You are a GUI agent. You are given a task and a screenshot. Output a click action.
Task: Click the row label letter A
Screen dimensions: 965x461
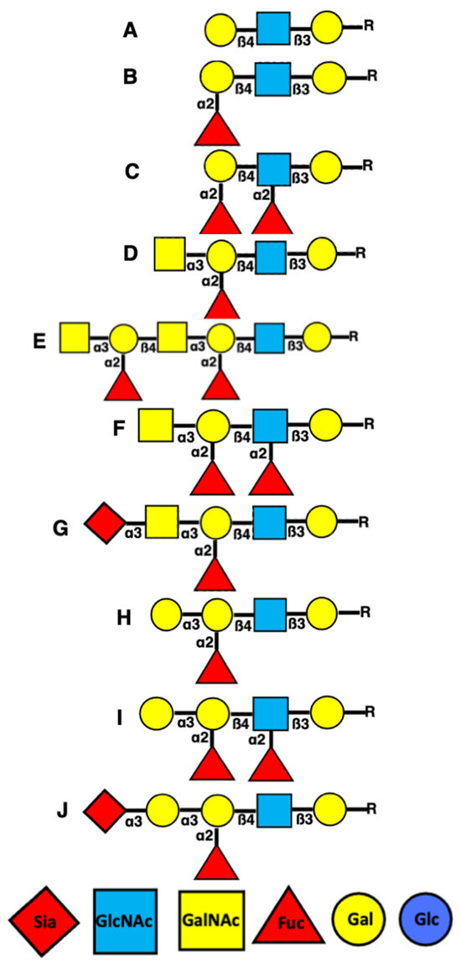130,30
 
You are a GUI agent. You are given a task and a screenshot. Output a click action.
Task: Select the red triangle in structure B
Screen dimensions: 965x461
215,130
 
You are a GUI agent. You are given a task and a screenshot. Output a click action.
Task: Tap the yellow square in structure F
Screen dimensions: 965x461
157,425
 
